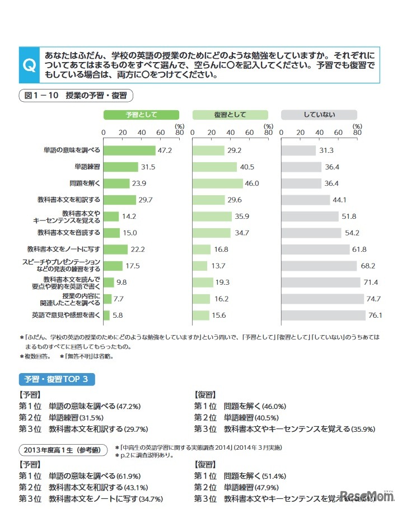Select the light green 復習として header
(230, 115)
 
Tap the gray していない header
(319, 115)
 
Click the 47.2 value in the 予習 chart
(164, 150)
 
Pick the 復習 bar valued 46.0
(218, 183)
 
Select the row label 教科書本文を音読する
(69, 233)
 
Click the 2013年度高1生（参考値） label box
(63, 449)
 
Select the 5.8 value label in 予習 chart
(118, 315)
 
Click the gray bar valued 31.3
(298, 150)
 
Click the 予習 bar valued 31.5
(120, 167)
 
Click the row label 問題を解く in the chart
(85, 183)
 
